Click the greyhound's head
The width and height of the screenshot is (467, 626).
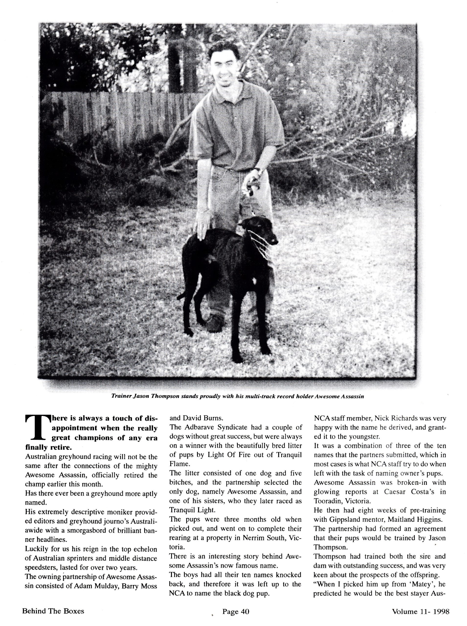coord(258,230)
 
